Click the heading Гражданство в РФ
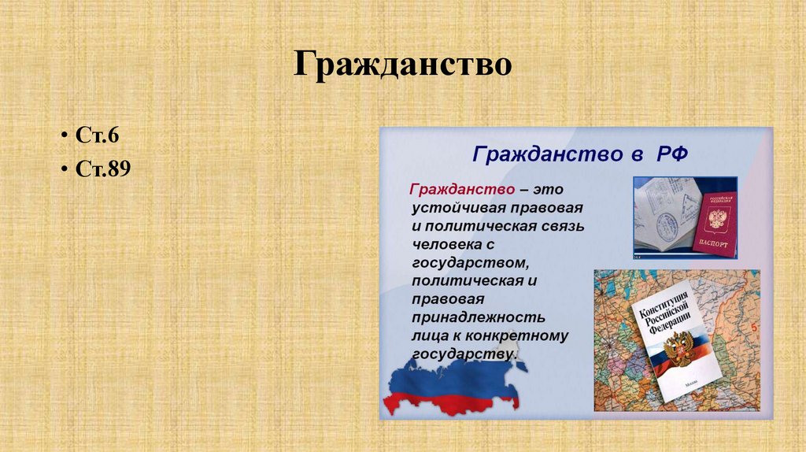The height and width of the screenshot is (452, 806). point(580,154)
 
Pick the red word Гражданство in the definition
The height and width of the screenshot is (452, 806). point(462,191)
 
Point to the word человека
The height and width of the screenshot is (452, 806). point(446,244)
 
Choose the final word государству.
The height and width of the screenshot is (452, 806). point(464,354)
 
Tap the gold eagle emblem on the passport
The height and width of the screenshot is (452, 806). point(715,217)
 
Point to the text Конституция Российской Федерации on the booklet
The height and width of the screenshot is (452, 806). point(665,313)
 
